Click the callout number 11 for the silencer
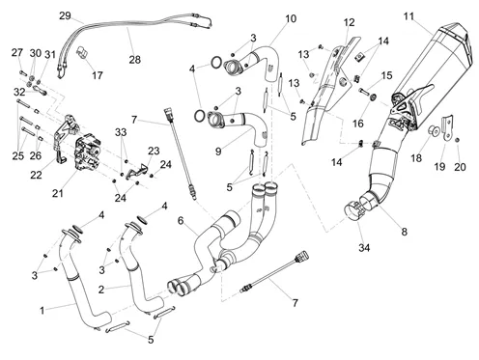pos(409,16)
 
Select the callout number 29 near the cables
pos(65,15)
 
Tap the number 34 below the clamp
pos(364,248)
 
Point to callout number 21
pos(58,193)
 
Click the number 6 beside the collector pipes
pos(181,220)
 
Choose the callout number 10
pos(291,18)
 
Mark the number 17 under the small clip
pos(97,75)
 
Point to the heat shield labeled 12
pos(328,94)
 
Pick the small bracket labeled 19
pos(448,127)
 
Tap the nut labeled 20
pos(458,140)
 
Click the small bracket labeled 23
pos(136,171)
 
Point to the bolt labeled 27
pos(22,73)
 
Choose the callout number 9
pos(218,152)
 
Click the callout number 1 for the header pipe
pos(42,311)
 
